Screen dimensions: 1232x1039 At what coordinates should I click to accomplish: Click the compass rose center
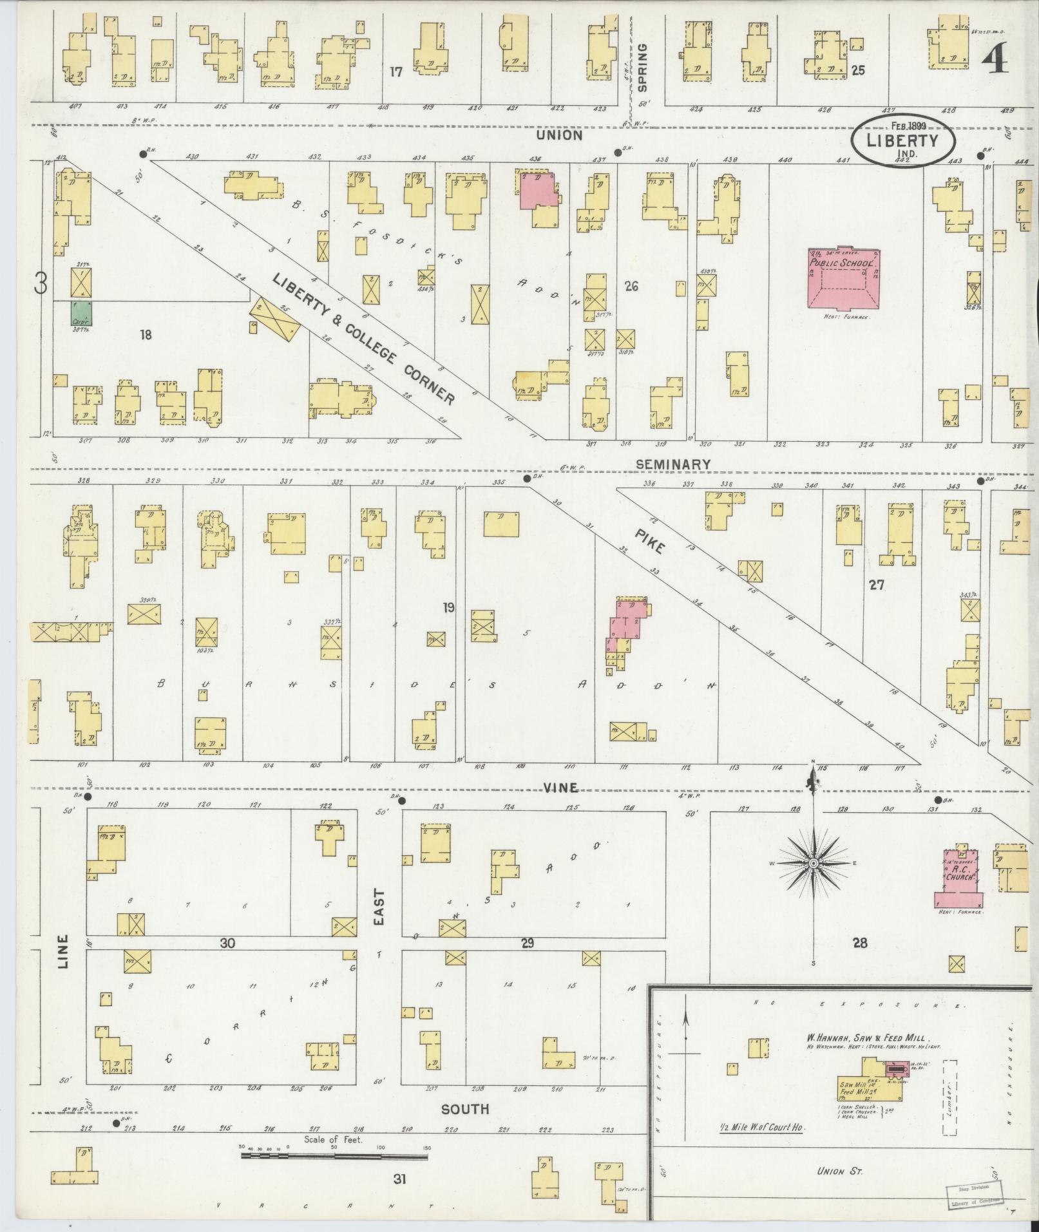tap(814, 862)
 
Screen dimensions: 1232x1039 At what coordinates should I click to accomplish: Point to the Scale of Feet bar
tap(334, 1157)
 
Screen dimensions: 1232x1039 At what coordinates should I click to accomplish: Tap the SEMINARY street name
tap(672, 464)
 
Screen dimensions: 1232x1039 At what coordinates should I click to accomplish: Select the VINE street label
tap(560, 788)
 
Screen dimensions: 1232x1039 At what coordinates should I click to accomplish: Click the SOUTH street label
tap(464, 1109)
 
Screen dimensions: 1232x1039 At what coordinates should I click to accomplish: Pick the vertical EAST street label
tap(378, 907)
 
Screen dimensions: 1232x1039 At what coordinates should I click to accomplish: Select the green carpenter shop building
tap(81, 314)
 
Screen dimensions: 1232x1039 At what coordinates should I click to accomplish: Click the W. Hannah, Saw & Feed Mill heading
tap(866, 1056)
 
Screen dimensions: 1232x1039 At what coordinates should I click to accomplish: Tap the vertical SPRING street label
tap(642, 67)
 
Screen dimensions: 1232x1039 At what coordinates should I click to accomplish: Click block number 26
tap(631, 286)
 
